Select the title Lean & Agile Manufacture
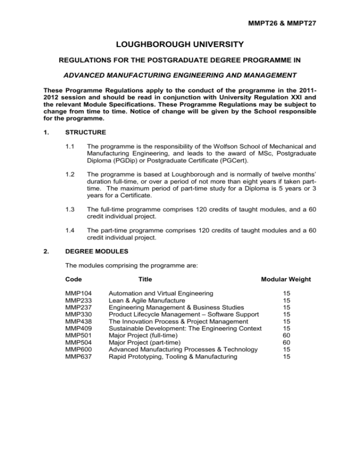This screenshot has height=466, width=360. click(147, 300)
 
